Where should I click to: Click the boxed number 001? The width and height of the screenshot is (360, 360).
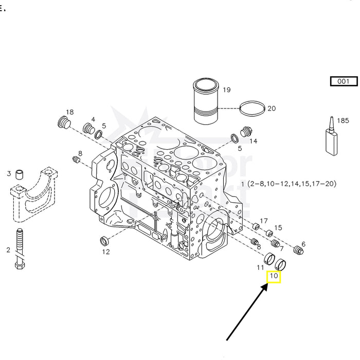click(x=344, y=81)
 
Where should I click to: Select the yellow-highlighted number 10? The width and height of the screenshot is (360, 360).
click(x=274, y=276)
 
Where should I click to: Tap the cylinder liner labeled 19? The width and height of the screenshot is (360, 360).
click(x=206, y=101)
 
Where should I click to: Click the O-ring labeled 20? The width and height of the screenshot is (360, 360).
click(x=254, y=108)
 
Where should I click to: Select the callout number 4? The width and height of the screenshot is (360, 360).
click(x=93, y=120)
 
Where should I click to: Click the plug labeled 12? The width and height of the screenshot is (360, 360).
click(x=104, y=240)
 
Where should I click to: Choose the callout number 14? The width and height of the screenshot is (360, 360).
click(x=253, y=140)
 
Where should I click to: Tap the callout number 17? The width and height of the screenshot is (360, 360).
click(x=264, y=221)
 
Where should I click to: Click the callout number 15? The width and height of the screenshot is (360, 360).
click(x=278, y=227)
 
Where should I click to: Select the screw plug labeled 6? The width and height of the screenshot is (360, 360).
click(x=296, y=250)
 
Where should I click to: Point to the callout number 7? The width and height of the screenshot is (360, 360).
click(x=281, y=249)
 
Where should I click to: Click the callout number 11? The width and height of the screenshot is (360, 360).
click(x=261, y=267)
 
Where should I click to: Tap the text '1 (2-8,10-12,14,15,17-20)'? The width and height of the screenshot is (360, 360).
click(x=289, y=184)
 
